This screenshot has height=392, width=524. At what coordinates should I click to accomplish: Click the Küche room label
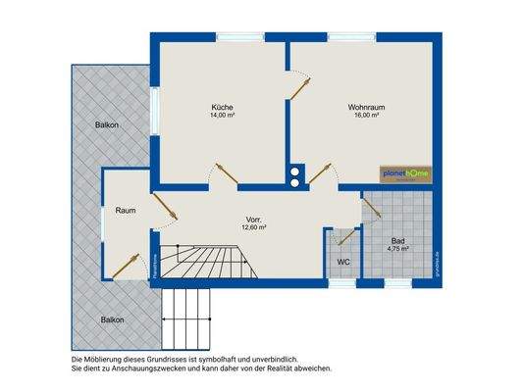221,107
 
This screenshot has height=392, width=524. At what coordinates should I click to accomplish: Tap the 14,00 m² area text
221,116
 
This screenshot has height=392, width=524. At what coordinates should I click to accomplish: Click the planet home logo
405,174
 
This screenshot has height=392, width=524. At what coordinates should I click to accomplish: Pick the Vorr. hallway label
254,219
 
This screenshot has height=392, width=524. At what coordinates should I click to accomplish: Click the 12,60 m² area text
254,227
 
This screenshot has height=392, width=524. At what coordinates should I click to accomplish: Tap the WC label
343,262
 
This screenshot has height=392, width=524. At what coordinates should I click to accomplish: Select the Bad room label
397,240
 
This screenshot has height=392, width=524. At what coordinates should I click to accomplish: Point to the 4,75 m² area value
397,249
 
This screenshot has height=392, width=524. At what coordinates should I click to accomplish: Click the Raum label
125,211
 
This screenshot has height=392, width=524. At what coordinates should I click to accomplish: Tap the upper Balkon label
108,124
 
